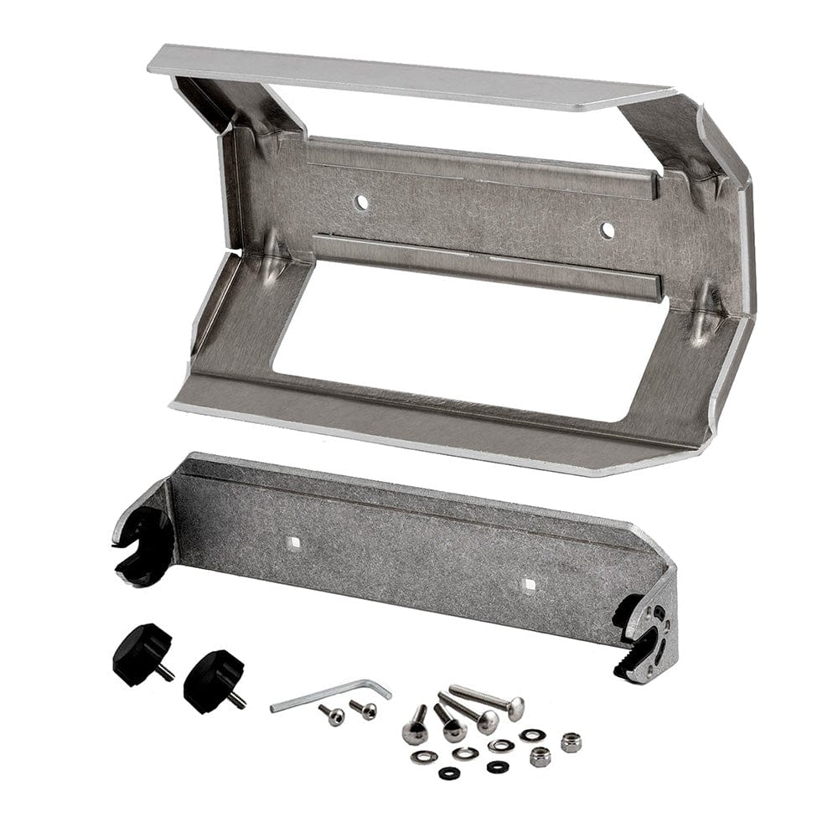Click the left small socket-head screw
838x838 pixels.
[333, 715]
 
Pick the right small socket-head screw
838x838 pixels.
[365, 710]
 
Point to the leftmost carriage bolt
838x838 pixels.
[416, 727]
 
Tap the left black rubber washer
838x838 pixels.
[449, 772]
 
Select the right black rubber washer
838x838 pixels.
[497, 766]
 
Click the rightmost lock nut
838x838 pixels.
[571, 742]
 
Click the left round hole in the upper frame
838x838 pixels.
[360, 202]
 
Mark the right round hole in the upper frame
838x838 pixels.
[607, 230]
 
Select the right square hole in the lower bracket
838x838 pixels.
[527, 584]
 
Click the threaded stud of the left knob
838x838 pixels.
[166, 671]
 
